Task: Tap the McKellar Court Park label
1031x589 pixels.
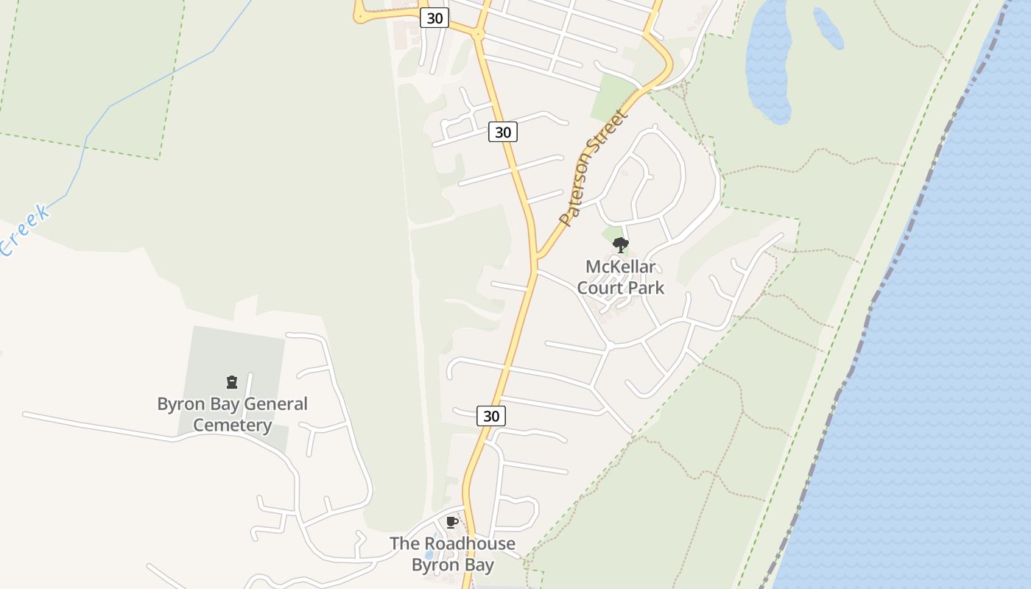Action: (620, 277)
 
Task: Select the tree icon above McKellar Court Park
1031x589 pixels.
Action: (620, 245)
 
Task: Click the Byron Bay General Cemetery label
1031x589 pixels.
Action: (232, 414)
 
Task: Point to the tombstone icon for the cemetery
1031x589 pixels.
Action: (232, 382)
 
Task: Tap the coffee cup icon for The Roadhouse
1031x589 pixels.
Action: (452, 523)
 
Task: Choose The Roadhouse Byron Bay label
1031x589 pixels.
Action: (452, 554)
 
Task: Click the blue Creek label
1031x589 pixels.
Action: (26, 230)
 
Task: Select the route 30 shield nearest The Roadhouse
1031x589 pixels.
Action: (491, 416)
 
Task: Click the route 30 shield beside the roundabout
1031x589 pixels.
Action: (434, 18)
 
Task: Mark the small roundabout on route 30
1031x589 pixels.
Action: (478, 33)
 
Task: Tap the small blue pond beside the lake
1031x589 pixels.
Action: (828, 28)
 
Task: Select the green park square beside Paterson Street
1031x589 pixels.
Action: (612, 99)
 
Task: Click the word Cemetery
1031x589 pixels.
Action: (232, 425)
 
